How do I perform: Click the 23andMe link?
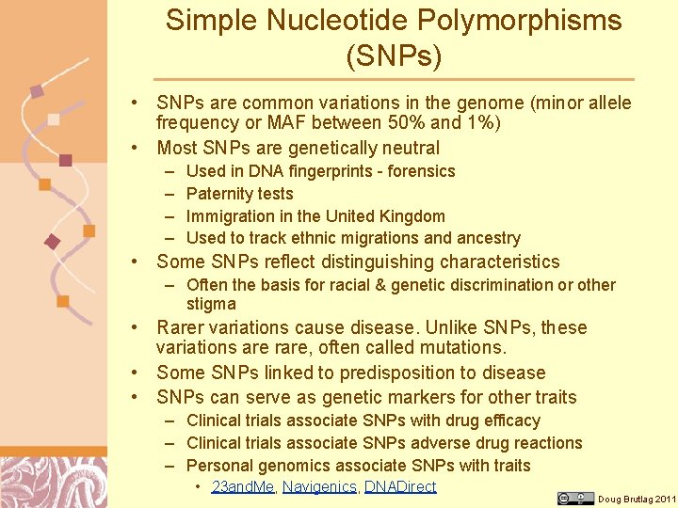coord(242,486)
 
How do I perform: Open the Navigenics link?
coord(319,486)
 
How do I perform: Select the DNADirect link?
coord(400,486)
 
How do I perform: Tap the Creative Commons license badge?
coord(575,498)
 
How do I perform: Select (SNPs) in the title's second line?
coord(394,57)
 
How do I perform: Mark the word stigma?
coord(211,304)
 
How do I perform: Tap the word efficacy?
coord(508,421)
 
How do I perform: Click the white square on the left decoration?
coord(54,119)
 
